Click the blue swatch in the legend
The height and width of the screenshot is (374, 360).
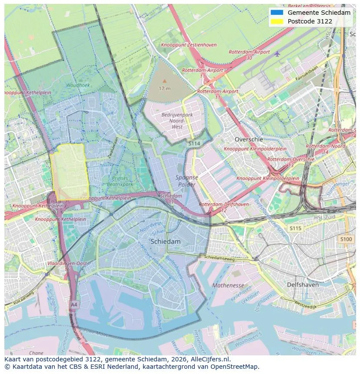[276, 13]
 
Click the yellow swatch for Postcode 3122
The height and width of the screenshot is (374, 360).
[276, 21]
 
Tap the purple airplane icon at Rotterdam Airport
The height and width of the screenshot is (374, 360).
[277, 54]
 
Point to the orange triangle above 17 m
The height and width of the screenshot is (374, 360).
[164, 81]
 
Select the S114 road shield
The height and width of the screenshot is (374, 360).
[194, 143]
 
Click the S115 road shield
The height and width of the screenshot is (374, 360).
[295, 228]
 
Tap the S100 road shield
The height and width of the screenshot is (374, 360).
[346, 239]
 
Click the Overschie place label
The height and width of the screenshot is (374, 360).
[249, 139]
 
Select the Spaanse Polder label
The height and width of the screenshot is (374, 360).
[187, 181]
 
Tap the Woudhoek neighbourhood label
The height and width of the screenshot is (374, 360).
[78, 86]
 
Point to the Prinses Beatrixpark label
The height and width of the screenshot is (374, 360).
[120, 181]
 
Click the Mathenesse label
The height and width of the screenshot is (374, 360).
[228, 285]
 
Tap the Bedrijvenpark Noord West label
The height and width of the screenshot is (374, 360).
[177, 120]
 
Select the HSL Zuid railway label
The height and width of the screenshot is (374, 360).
[325, 217]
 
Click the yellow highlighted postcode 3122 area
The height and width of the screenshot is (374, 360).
[69, 172]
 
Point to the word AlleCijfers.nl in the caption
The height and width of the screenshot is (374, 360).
[210, 359]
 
